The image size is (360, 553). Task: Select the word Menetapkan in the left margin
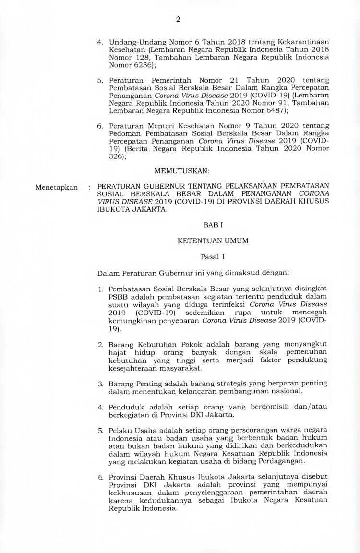tap(57, 187)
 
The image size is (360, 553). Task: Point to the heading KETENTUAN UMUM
tap(213, 240)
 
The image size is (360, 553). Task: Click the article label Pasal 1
tap(213, 257)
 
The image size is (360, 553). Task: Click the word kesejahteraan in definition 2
tap(129, 368)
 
